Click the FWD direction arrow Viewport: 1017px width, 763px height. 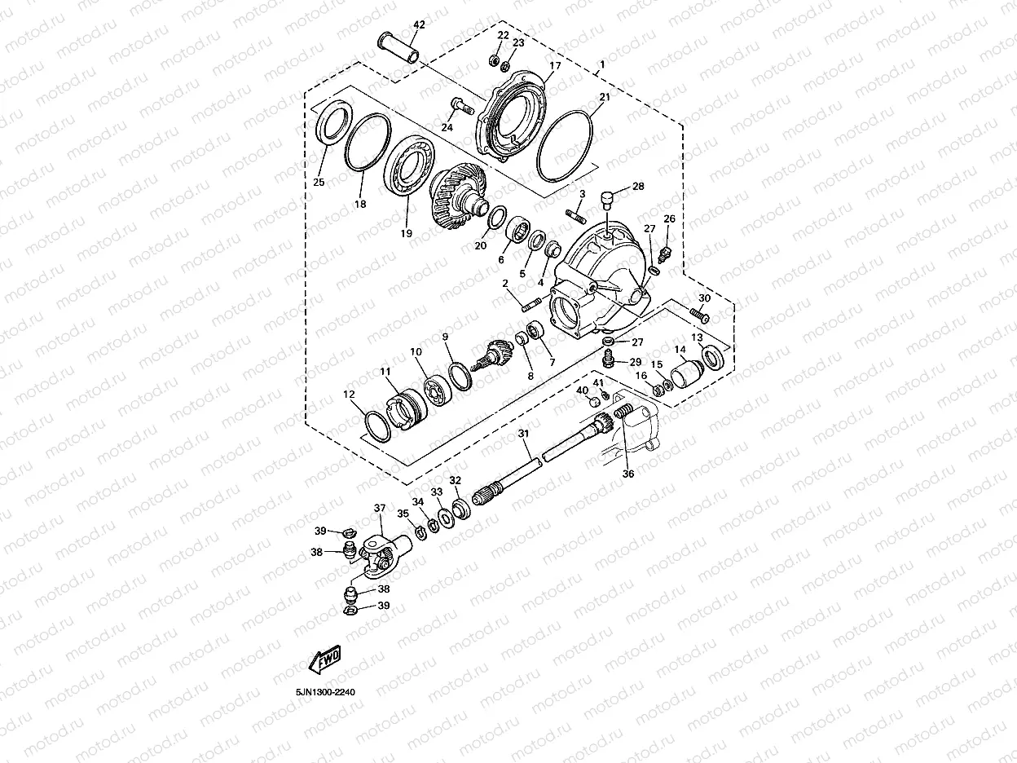325,659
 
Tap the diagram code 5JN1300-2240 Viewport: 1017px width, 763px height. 325,692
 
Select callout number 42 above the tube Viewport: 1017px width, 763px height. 419,25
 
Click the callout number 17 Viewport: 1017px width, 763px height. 555,66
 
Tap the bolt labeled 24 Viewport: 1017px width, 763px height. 461,106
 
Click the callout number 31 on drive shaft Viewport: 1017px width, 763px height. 523,434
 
